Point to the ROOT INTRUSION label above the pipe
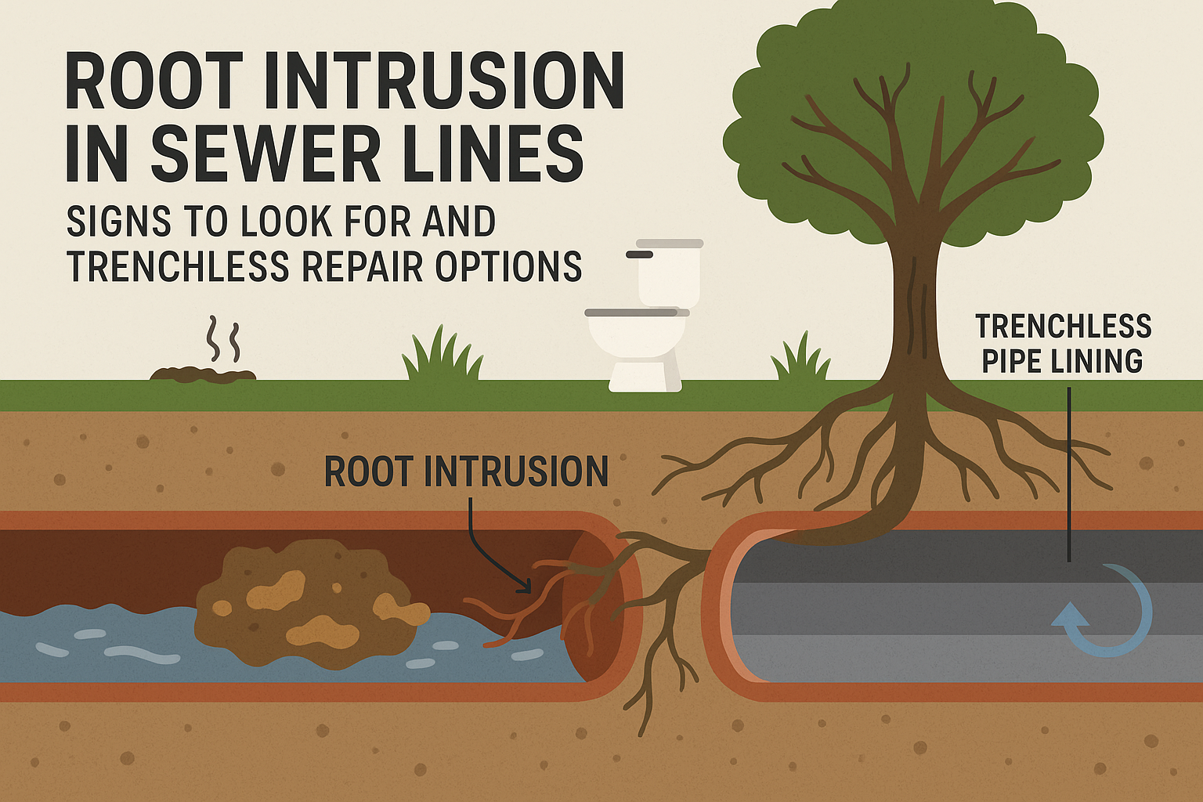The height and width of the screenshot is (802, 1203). (x=466, y=471)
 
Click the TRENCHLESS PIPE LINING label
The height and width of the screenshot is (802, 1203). (x=1063, y=343)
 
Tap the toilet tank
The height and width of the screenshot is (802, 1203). (x=668, y=273)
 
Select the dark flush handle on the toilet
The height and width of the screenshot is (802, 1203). (x=640, y=255)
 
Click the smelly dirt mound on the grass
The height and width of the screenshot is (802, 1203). (x=203, y=374)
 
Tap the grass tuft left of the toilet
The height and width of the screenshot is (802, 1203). (x=443, y=357)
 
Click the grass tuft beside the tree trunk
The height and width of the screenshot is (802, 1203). (x=800, y=359)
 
